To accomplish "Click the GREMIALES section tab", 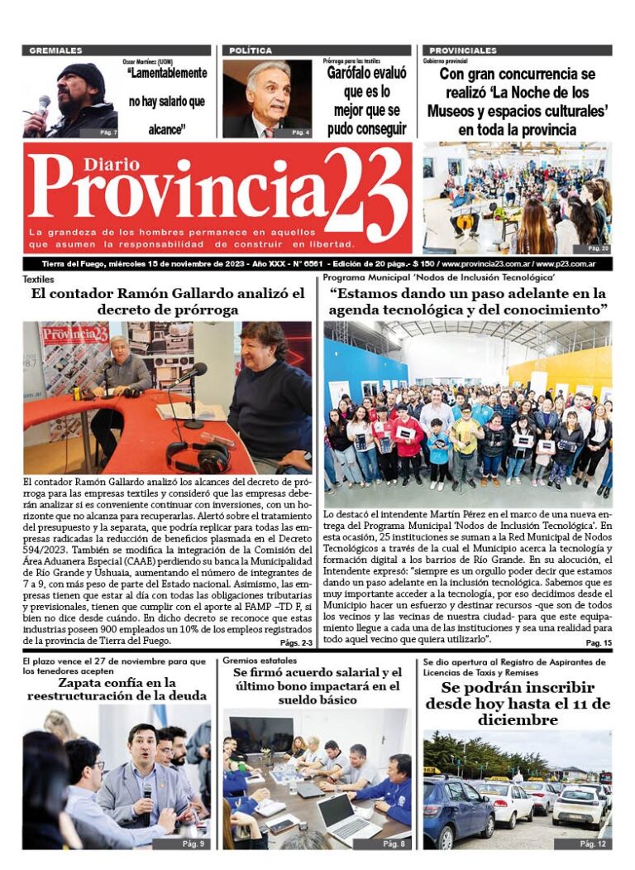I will click(x=55, y=50).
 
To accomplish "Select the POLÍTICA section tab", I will click(x=251, y=50).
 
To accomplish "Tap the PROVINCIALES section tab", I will click(x=463, y=50).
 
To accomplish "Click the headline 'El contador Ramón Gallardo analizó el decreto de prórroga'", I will click(x=168, y=301).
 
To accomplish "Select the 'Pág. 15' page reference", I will click(x=598, y=643).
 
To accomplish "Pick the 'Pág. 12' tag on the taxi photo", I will click(x=592, y=844).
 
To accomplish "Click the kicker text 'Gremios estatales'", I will click(x=260, y=661).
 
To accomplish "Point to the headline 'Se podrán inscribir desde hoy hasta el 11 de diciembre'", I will click(x=518, y=704).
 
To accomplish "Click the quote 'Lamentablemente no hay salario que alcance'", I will click(x=166, y=101).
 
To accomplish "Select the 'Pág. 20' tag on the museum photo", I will click(x=598, y=248).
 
